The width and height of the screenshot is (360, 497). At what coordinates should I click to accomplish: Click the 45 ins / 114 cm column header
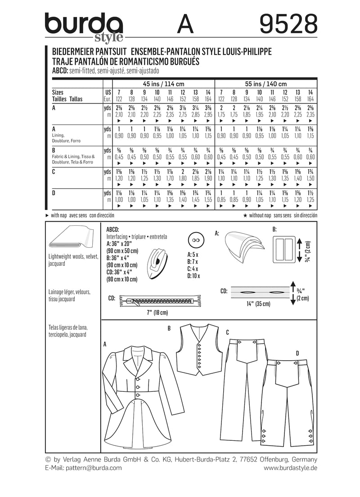163,84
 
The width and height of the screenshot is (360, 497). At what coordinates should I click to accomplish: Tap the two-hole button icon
196,241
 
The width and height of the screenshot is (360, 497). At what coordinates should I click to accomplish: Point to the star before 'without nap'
245,215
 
